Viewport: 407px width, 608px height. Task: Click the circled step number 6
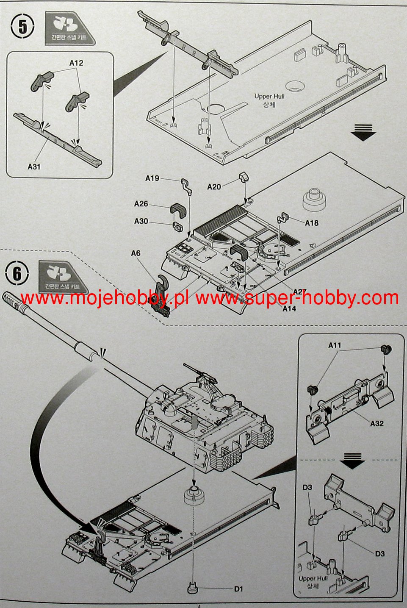click(x=17, y=274)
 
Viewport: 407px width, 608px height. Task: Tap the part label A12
click(x=76, y=63)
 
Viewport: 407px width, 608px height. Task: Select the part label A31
click(x=34, y=167)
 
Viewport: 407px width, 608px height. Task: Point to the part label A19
click(x=152, y=178)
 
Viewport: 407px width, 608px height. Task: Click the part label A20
click(x=214, y=186)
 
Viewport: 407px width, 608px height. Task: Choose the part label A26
click(x=141, y=204)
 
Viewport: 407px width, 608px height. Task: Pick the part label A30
click(x=141, y=221)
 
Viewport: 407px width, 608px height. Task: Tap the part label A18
click(x=311, y=223)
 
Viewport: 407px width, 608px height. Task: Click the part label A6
click(x=136, y=253)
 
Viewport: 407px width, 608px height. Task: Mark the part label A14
click(x=289, y=309)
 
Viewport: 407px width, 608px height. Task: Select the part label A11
click(x=335, y=345)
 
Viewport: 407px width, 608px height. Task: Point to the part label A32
click(x=377, y=423)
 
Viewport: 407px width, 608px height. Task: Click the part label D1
click(x=239, y=589)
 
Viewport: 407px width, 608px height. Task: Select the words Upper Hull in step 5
click(x=269, y=96)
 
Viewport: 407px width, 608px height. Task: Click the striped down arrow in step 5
click(x=364, y=132)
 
